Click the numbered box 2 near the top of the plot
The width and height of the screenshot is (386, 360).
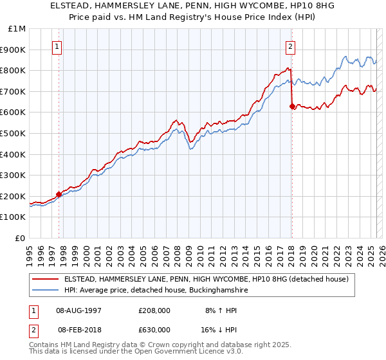(291, 46)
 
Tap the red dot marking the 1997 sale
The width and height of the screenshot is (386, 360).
(59, 194)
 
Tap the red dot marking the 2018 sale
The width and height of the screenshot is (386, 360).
(292, 106)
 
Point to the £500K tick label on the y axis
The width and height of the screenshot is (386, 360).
(13, 133)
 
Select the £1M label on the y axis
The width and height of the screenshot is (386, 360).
(17, 29)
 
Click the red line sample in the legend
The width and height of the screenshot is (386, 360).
(45, 279)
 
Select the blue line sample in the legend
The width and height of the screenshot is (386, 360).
(45, 291)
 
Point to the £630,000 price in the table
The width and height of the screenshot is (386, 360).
(154, 330)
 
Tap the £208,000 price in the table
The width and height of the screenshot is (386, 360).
(154, 310)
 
